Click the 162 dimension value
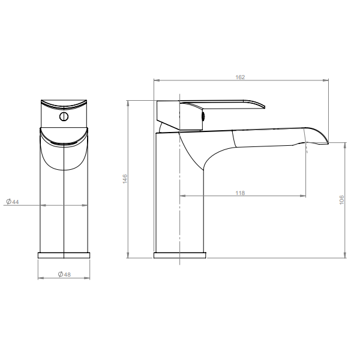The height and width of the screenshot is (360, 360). [x=240, y=77]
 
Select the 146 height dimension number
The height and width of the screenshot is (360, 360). [x=125, y=179]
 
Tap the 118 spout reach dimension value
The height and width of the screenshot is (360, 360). [x=240, y=193]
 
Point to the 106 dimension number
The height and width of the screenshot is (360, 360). [x=341, y=200]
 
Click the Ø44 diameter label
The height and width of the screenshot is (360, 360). [x=13, y=202]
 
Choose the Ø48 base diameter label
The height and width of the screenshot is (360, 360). [x=65, y=274]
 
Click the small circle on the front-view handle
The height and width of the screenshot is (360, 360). [x=64, y=116]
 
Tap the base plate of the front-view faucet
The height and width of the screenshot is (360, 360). [x=64, y=256]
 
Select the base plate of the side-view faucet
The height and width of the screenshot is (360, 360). [x=180, y=256]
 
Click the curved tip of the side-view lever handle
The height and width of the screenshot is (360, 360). [x=264, y=107]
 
